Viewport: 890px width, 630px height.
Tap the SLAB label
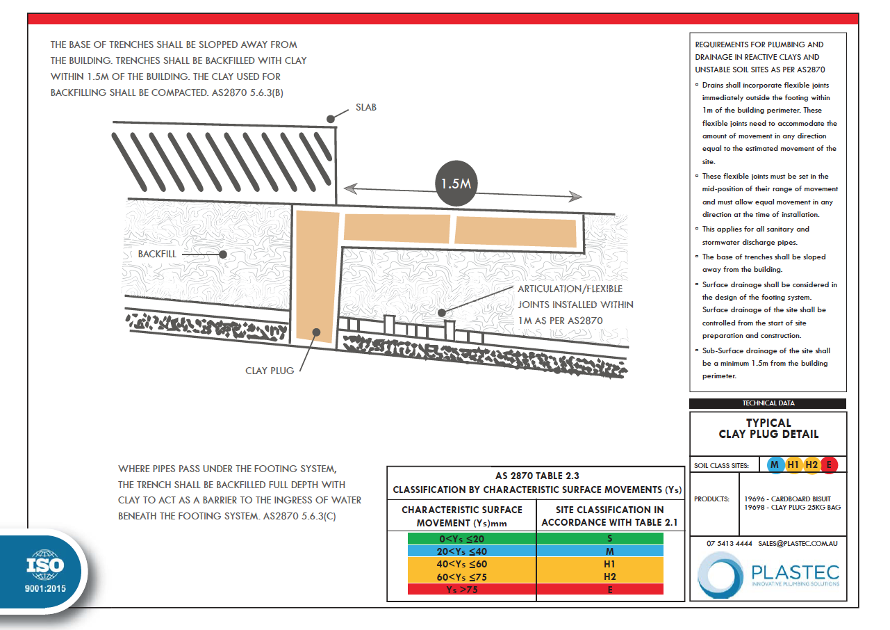pyautogui.click(x=365, y=108)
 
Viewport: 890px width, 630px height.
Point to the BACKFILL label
pyautogui.click(x=157, y=255)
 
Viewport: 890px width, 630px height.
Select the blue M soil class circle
pyautogui.click(x=774, y=465)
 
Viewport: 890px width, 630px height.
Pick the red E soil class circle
pyautogui.click(x=828, y=465)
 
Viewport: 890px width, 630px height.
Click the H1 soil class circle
pyautogui.click(x=793, y=465)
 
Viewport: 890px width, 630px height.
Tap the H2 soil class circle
pyautogui.click(x=811, y=465)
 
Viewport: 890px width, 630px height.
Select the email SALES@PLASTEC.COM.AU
pyautogui.click(x=798, y=543)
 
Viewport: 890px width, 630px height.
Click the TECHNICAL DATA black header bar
pyautogui.click(x=768, y=403)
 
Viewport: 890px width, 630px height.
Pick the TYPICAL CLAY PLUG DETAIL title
pyautogui.click(x=768, y=428)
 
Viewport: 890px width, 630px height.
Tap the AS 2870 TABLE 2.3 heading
pyautogui.click(x=536, y=476)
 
